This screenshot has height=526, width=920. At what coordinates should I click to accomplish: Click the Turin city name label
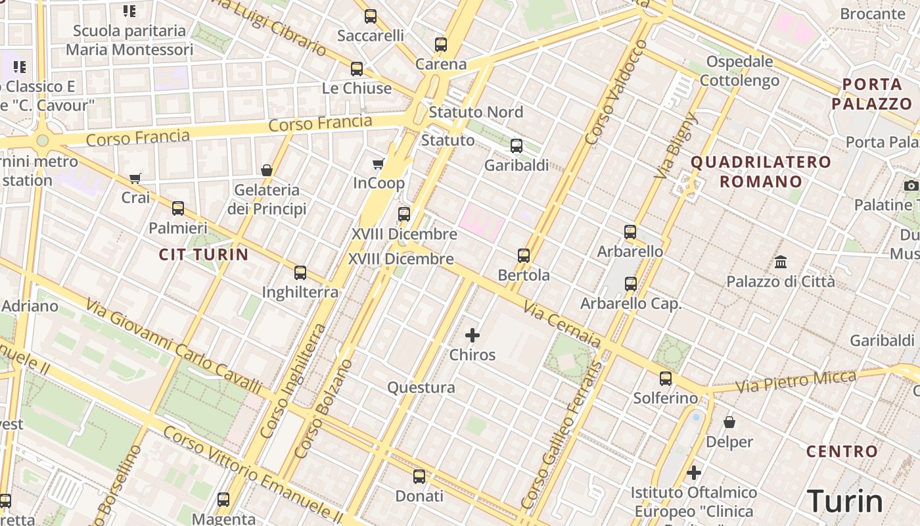click(844, 501)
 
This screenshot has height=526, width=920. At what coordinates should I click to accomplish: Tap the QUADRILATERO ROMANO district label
click(761, 172)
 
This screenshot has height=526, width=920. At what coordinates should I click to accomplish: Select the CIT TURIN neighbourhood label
click(204, 254)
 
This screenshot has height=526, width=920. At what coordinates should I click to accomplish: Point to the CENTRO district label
click(842, 452)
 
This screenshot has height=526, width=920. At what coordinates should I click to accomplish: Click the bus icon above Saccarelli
click(371, 16)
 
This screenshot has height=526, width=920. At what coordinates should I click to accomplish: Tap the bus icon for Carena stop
click(441, 45)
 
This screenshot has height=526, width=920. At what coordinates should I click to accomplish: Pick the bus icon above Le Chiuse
click(357, 68)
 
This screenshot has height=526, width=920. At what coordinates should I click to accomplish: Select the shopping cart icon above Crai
click(135, 178)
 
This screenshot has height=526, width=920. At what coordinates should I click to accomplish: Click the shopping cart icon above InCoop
click(378, 164)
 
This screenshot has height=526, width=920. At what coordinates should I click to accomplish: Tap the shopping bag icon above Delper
click(729, 422)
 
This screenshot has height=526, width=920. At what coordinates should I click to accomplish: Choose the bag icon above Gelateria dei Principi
click(267, 170)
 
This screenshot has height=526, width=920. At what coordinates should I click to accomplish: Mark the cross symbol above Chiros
click(472, 335)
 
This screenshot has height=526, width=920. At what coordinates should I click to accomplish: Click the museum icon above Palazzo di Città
click(781, 262)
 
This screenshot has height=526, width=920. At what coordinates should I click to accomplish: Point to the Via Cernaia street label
click(562, 324)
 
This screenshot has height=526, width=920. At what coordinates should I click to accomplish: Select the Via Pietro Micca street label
click(796, 381)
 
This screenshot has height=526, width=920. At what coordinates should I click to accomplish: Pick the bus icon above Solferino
click(666, 378)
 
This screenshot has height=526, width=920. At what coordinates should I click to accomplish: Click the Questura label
click(421, 387)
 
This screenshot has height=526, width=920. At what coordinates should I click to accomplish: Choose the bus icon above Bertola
click(524, 255)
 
